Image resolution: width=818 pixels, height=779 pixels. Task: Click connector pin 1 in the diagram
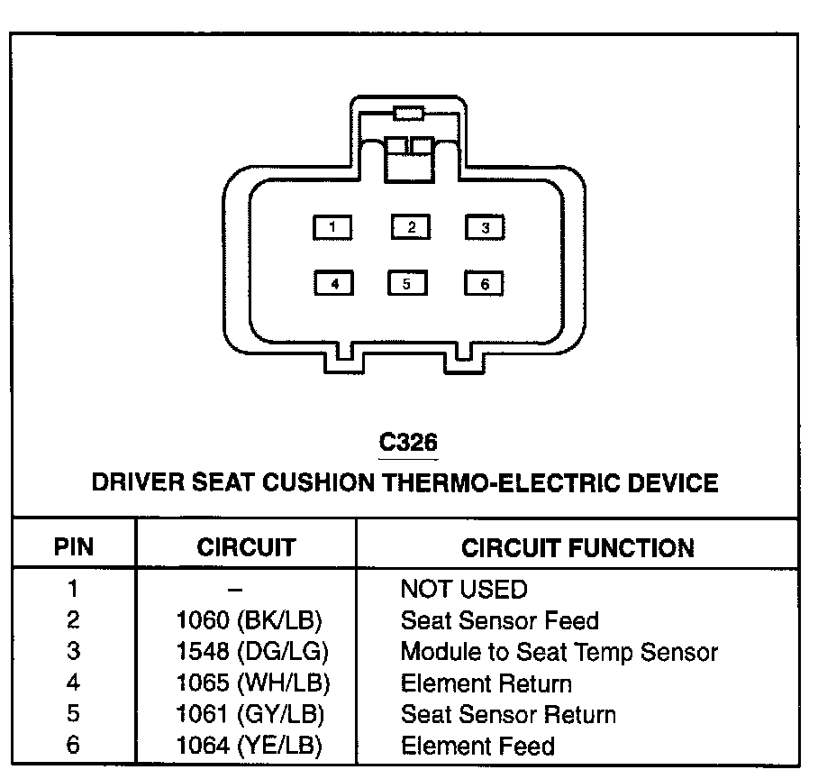332,227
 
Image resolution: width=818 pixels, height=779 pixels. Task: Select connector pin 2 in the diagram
411,227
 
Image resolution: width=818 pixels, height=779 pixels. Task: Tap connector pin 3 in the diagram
485,227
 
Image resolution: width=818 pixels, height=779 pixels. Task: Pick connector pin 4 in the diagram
333,284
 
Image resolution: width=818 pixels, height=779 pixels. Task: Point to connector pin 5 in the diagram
407,284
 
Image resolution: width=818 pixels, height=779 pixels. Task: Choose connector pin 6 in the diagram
484,284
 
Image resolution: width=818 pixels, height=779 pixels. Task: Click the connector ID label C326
408,442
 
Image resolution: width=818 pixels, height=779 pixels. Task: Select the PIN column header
74,547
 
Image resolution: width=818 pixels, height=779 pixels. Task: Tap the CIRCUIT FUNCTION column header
577,547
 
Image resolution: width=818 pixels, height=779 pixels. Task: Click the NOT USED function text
463,590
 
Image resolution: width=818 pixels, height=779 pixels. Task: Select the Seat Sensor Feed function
499,620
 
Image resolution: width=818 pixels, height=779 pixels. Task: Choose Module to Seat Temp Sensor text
559,651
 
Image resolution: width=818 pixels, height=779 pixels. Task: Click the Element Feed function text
477,746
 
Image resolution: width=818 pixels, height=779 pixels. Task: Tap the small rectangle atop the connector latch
409,113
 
